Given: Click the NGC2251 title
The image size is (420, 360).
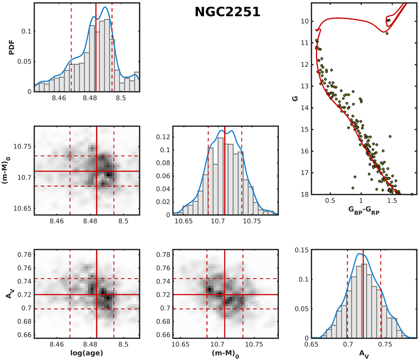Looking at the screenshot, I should tap(227, 12).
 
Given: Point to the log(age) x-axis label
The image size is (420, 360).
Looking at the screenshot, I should tap(87, 353).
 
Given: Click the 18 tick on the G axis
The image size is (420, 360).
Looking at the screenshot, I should tap(304, 194).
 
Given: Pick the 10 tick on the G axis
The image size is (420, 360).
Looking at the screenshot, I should tap(304, 21).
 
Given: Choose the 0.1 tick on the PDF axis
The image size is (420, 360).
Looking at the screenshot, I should tap(27, 31).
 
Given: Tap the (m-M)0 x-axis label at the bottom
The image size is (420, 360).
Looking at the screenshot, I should tap(225, 353).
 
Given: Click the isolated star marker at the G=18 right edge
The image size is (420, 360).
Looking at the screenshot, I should tap(412, 194).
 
